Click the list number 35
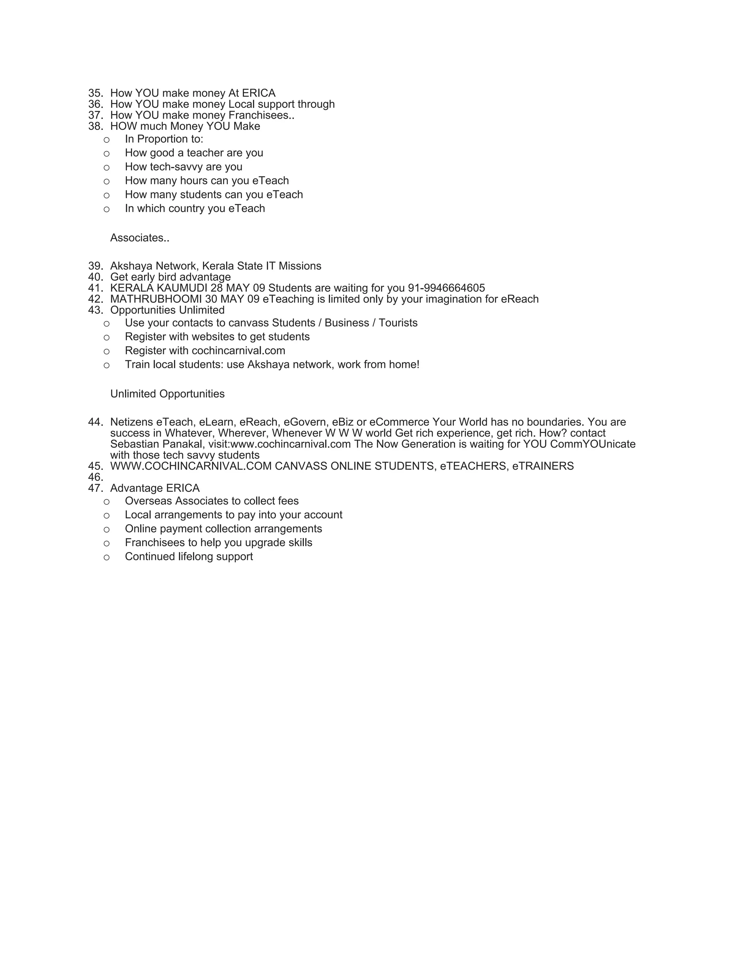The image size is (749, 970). point(95,93)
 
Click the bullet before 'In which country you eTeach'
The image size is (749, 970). point(106,209)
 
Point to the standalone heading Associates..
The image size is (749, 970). point(139,238)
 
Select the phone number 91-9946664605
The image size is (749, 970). point(447,288)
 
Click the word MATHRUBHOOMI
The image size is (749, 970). point(156,299)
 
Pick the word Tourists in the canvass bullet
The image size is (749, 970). point(398,323)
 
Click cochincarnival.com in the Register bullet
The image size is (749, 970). point(238,351)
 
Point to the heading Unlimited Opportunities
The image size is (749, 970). point(167,394)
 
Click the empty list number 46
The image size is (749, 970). point(95,477)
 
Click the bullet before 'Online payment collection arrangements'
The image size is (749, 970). point(106,529)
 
